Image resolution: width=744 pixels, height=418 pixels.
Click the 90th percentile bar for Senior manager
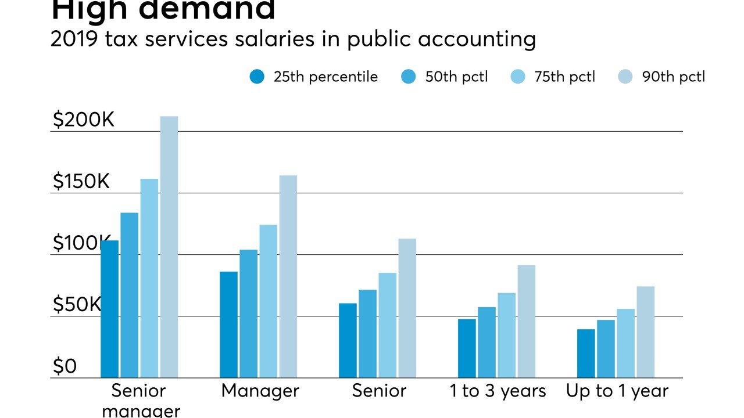[x=169, y=247]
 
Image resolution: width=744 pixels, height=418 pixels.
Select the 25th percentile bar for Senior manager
[x=110, y=309]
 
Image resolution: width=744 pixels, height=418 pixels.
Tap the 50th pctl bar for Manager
[x=248, y=313]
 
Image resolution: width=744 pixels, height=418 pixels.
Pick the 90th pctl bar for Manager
[x=288, y=276]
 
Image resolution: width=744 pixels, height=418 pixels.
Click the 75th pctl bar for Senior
[x=387, y=325]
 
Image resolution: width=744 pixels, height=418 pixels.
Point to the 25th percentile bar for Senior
[x=348, y=340]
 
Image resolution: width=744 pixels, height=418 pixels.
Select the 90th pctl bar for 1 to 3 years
[x=526, y=321]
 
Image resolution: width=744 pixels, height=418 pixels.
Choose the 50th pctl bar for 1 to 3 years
[x=487, y=342]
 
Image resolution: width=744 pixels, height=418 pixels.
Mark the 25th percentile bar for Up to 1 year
[x=586, y=353]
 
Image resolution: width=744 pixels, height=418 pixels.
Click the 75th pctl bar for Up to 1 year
[x=625, y=343]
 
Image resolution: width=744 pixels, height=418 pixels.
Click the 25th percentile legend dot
[x=257, y=77]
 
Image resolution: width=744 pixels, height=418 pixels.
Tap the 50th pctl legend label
[x=456, y=77]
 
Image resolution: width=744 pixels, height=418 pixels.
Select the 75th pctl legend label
[x=564, y=77]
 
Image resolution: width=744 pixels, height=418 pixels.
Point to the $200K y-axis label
[x=84, y=120]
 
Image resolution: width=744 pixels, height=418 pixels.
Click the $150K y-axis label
[x=81, y=182]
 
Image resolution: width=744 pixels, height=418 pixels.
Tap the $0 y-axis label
[x=65, y=366]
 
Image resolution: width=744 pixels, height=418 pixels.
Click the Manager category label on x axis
[x=260, y=391]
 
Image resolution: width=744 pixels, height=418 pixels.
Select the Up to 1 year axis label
[x=617, y=391]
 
